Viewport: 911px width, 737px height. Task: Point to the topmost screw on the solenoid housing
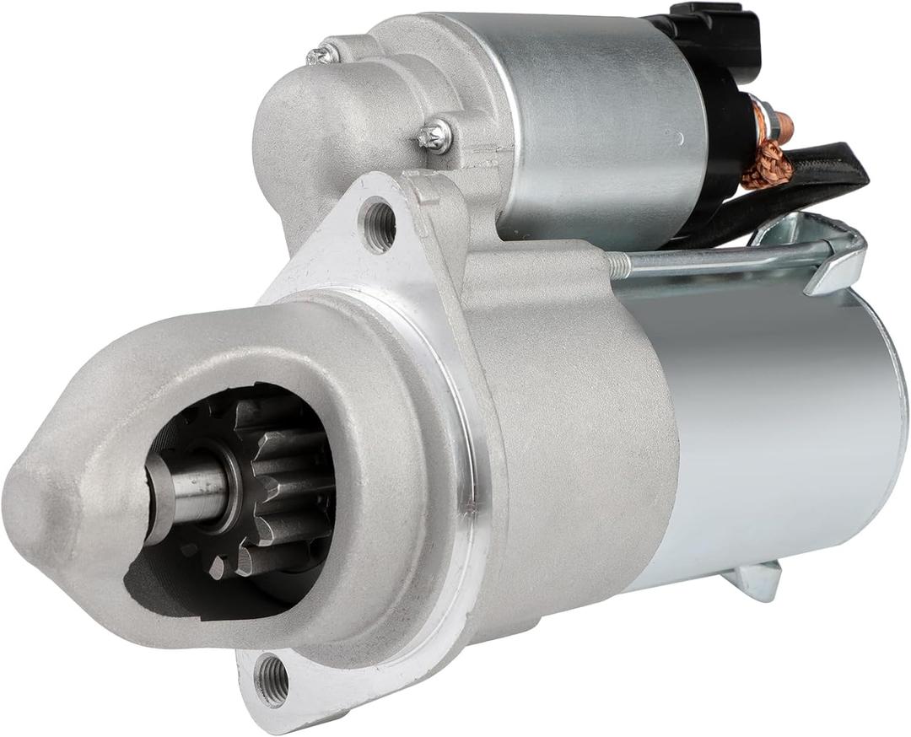pos(321,56)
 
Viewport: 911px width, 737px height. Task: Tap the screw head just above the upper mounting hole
pos(435,136)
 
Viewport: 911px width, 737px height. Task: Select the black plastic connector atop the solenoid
pos(714,34)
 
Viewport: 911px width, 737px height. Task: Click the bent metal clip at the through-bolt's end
pos(835,261)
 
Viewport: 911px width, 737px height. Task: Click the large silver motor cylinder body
pos(776,422)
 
